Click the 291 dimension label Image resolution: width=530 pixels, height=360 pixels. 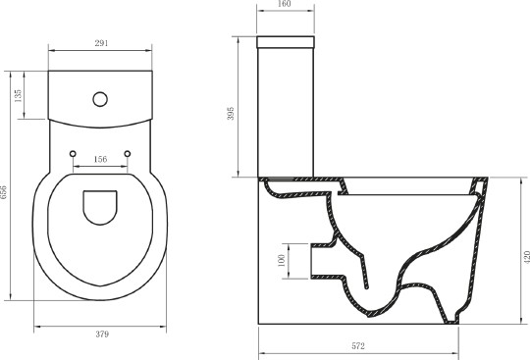pos(101,43)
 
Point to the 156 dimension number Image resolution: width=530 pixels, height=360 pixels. pos(101,159)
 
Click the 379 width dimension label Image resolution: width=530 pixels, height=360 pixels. pos(101,334)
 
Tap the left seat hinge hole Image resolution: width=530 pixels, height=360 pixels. pos(75,154)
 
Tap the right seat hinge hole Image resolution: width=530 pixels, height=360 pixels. pos(129,154)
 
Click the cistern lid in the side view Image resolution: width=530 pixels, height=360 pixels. pos(285,42)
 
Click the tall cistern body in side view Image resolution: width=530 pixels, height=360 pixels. pos(285,113)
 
